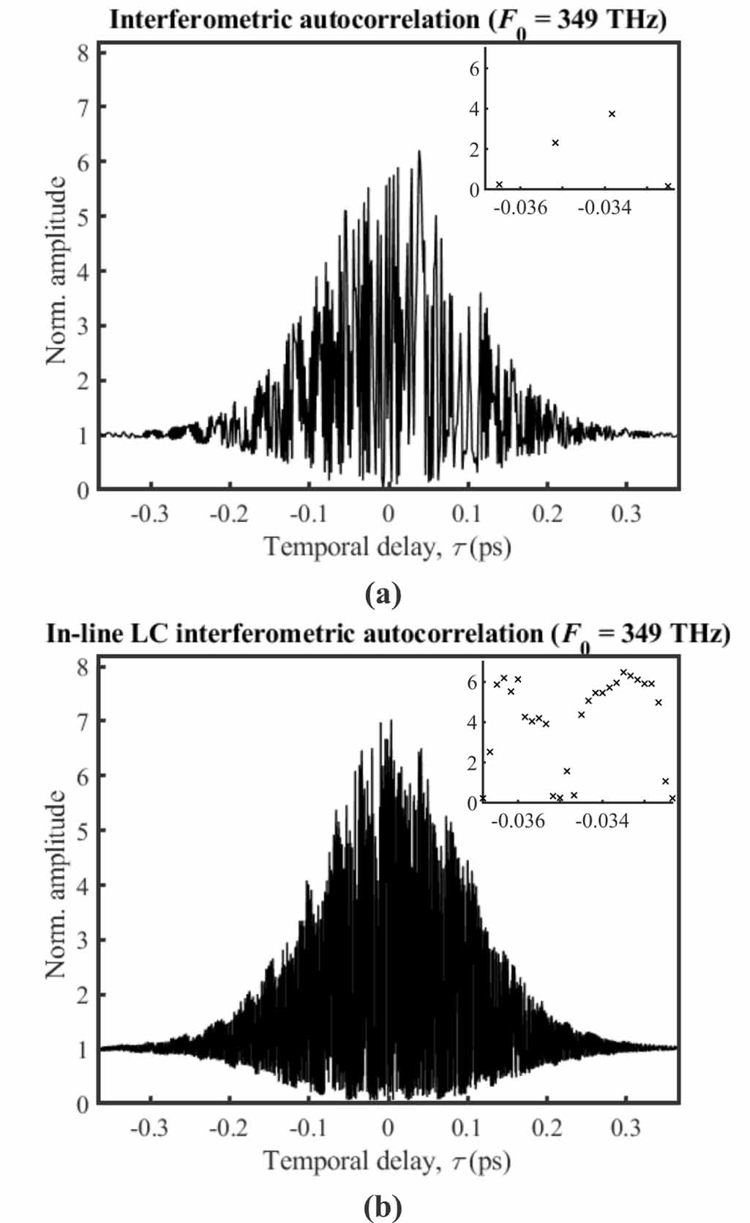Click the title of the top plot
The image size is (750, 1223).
[x=388, y=20]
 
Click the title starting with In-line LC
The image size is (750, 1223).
[x=388, y=633]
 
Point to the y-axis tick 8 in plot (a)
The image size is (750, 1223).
[x=83, y=53]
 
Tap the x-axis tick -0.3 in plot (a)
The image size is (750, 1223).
[x=150, y=514]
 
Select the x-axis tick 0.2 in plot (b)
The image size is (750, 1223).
[x=547, y=1128]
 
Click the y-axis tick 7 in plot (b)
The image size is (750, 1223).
[x=83, y=722]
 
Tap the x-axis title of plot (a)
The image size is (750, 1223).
[x=388, y=547]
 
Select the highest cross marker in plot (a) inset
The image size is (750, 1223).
[x=612, y=113]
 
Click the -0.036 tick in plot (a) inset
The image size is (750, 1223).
[x=520, y=208]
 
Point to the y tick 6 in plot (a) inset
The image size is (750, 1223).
[x=474, y=68]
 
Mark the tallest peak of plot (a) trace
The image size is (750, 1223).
[x=419, y=152]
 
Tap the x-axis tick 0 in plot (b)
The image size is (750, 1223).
[x=388, y=1128]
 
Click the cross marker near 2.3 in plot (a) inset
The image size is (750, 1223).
[x=555, y=143]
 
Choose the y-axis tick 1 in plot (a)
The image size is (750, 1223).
[x=83, y=436]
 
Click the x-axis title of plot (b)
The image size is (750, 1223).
[x=388, y=1161]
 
